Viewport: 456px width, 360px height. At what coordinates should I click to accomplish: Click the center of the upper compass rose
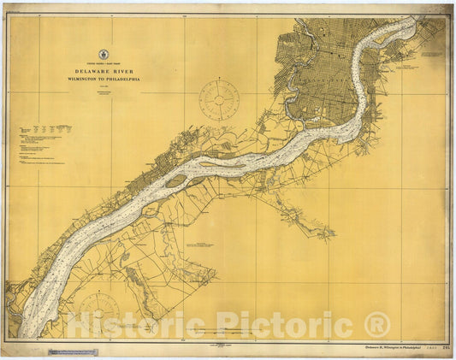pos(220,100)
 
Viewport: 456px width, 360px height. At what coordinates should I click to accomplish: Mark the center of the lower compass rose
pos(100,312)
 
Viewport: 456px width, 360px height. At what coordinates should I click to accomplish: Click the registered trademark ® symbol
pos(376,325)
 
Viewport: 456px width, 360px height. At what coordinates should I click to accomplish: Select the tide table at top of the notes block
pos(43,129)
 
